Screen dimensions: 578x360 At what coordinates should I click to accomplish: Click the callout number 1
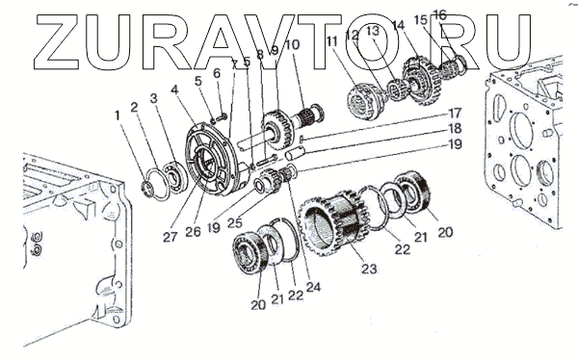(118, 116)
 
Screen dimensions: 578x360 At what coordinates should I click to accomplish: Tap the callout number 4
(174, 90)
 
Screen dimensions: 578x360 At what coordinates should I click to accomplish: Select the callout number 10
(292, 44)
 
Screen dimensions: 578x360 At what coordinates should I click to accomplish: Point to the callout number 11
(331, 40)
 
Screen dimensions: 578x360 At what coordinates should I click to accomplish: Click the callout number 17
(455, 113)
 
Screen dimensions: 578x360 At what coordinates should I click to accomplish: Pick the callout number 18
(455, 128)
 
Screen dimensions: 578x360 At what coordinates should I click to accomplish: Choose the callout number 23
(369, 269)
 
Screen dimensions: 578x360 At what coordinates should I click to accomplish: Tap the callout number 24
(313, 287)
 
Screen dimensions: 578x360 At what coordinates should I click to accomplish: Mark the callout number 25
(235, 222)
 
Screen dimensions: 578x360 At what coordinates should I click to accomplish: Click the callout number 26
(194, 232)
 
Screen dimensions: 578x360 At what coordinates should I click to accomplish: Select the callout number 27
(170, 238)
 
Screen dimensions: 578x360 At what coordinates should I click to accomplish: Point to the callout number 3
(154, 98)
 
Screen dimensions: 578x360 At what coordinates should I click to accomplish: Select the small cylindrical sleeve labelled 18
(296, 152)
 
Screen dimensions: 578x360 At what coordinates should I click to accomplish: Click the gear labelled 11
(363, 101)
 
